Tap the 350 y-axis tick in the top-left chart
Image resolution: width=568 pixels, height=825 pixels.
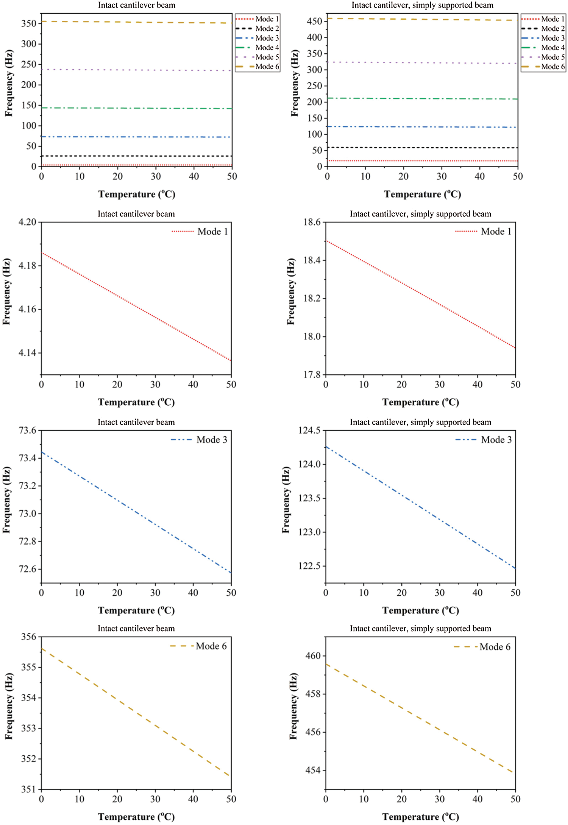(x=29, y=23)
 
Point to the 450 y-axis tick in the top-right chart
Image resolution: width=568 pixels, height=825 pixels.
(x=315, y=21)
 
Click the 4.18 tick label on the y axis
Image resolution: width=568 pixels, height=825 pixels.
(x=27, y=266)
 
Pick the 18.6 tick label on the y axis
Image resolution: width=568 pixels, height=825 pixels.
(x=312, y=222)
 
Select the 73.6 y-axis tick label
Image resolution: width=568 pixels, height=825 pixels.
(x=27, y=431)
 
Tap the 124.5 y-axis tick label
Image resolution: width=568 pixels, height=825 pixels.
(x=309, y=431)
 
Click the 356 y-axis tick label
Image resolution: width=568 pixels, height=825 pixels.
(x=29, y=637)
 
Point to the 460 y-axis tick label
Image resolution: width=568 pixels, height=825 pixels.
(x=313, y=656)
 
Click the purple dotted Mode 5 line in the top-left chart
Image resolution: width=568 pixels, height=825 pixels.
(x=136, y=70)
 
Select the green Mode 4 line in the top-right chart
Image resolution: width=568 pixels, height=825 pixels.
(x=422, y=99)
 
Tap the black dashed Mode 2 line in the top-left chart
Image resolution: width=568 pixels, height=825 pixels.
(x=136, y=156)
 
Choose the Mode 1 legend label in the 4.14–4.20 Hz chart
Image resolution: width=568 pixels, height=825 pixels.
(x=212, y=232)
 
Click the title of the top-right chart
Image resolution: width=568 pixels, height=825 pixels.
(x=422, y=5)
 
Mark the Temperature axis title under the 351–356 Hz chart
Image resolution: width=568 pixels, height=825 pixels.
(x=136, y=817)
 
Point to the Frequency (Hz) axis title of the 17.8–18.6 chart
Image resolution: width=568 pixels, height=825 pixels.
(x=291, y=291)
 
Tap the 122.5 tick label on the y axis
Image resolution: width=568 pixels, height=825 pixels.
(x=309, y=566)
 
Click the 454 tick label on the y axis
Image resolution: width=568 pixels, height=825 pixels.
(x=313, y=770)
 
